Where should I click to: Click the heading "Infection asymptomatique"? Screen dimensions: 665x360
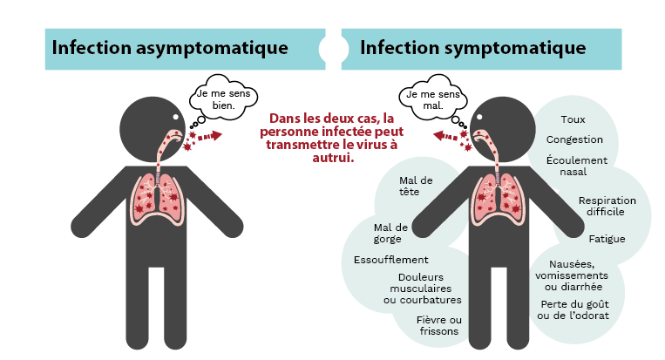[170, 48]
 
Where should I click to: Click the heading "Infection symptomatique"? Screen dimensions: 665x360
[473, 48]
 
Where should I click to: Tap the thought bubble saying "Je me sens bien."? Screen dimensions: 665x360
[223, 98]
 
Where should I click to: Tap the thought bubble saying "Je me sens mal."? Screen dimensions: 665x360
[433, 98]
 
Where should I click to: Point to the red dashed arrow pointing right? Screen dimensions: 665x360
[210, 136]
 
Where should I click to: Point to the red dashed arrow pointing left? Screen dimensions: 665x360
[444, 136]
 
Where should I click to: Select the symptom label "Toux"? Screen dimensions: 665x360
[573, 119]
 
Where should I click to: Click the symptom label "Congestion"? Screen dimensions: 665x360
[574, 140]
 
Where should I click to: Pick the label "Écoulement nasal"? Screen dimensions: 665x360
[576, 166]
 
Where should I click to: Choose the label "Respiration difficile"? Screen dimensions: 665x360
[607, 206]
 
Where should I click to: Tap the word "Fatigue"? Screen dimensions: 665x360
[607, 239]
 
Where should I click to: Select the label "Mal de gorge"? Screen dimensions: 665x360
[390, 234]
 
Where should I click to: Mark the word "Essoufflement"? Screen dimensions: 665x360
[391, 260]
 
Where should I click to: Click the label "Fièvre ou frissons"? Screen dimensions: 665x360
[439, 326]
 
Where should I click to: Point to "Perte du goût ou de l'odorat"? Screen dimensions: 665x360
[573, 310]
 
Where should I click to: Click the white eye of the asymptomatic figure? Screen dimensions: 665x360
[176, 117]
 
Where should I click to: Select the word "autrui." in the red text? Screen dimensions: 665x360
[333, 158]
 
